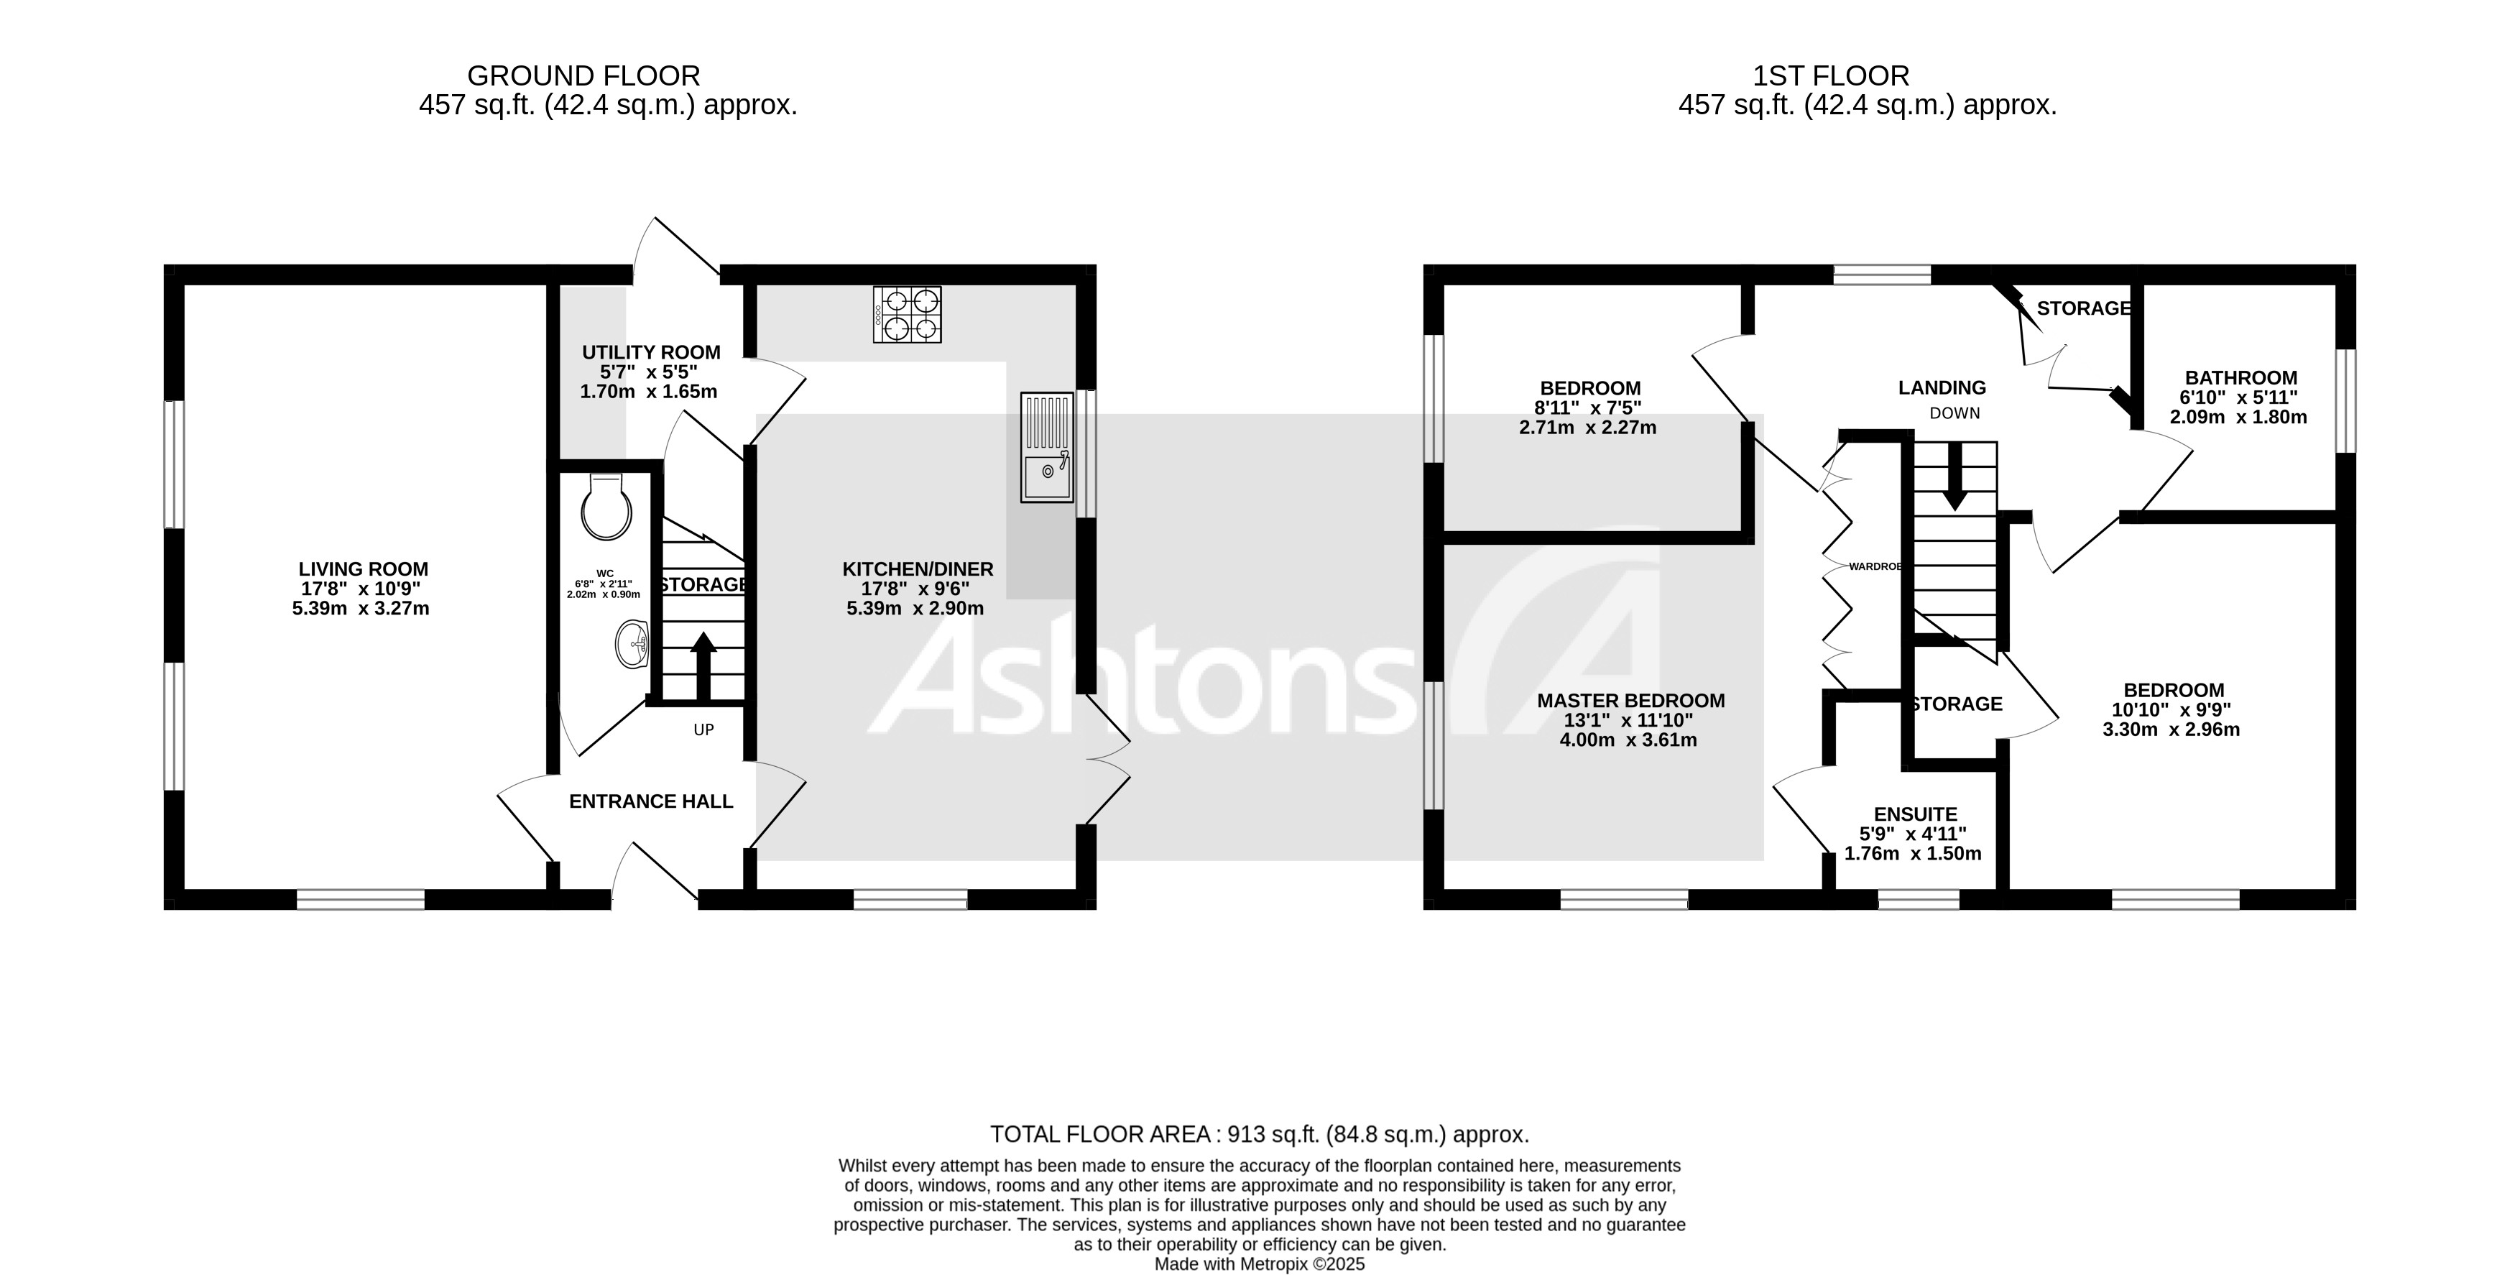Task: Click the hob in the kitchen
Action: (907, 314)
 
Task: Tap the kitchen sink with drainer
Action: (1046, 447)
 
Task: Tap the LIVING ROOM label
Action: (363, 569)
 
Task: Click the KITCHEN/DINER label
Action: (917, 569)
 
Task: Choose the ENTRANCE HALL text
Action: (650, 801)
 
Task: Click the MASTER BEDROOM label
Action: (1630, 701)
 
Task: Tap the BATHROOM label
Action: (2240, 378)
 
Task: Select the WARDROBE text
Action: (1873, 566)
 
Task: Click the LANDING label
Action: (1942, 387)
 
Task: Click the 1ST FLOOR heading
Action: (1829, 75)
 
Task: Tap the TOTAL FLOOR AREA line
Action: (1258, 1134)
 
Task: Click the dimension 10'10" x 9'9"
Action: (2171, 709)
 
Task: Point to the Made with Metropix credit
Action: (1258, 1264)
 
